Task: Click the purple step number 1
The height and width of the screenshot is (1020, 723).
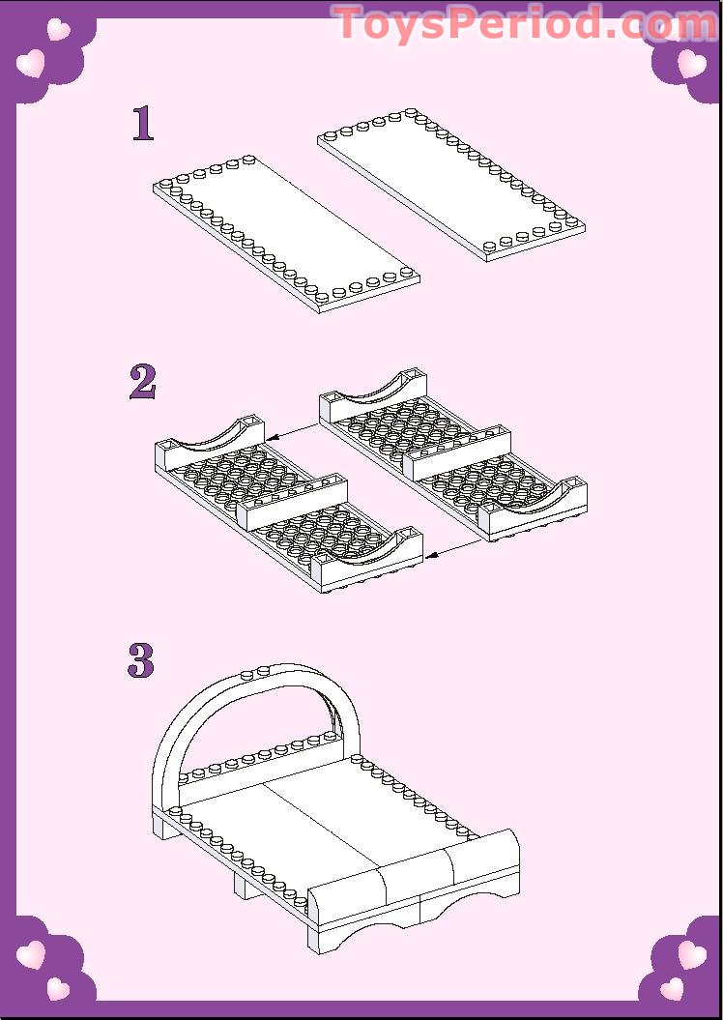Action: coord(144,124)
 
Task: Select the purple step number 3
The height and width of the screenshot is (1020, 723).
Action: coord(141,661)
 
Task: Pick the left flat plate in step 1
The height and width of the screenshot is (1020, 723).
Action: coord(286,234)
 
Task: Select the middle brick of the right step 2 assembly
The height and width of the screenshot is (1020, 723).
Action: coord(457,452)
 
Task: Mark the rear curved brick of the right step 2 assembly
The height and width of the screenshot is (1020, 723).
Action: coord(371,395)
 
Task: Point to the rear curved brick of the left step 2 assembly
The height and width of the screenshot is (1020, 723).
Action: coord(210,446)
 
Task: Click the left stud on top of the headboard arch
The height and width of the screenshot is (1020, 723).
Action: coord(247,674)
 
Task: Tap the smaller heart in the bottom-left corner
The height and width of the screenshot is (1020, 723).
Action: coord(58,989)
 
